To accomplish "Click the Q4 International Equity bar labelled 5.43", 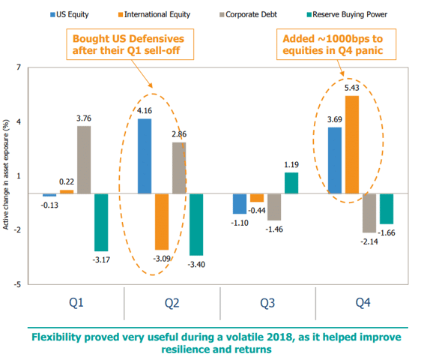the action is [352, 145].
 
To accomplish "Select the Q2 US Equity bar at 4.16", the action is [145, 156].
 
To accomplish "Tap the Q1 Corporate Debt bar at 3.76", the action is [84, 160].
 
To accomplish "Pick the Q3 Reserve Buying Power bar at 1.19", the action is [291, 183].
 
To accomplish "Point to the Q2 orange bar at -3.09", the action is [162, 222].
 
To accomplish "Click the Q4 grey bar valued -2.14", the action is [369, 213].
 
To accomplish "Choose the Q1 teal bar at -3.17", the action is [101, 222].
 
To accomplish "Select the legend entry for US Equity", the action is [70, 14].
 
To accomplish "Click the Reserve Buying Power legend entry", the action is [347, 14].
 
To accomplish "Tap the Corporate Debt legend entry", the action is [248, 14].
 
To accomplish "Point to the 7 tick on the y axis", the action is [19, 67].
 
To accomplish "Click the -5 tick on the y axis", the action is [17, 284].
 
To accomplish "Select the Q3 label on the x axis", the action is [267, 303].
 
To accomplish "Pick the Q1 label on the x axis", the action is [76, 303].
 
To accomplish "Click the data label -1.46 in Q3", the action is [274, 229].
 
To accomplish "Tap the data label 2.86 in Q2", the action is [179, 134].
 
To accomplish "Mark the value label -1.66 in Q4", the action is [387, 232].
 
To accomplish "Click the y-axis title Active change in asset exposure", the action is [6, 175].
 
